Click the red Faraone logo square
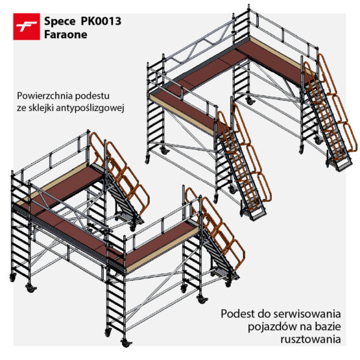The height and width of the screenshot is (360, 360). (27, 27)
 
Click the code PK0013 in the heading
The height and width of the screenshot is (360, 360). (101, 21)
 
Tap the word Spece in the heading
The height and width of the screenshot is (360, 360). (60, 22)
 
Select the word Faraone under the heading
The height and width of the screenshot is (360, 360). (66, 34)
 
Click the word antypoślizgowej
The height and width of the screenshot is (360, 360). (90, 108)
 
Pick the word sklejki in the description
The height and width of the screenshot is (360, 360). (40, 108)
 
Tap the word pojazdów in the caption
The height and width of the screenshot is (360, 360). (269, 327)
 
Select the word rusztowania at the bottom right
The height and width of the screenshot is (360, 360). (311, 339)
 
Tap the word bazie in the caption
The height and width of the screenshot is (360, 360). (328, 326)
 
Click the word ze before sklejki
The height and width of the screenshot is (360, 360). (21, 108)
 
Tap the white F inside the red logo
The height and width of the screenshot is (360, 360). (27, 27)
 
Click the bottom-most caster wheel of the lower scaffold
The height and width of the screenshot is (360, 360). (126, 342)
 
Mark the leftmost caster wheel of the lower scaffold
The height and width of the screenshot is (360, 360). (12, 278)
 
